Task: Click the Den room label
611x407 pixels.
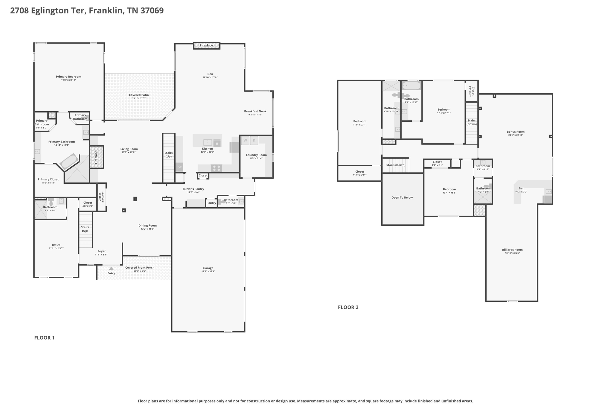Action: pyautogui.click(x=210, y=74)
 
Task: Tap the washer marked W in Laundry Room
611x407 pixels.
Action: pyautogui.click(x=245, y=140)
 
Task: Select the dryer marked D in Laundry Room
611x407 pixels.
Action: pyautogui.click(x=254, y=140)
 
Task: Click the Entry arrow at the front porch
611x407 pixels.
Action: pyautogui.click(x=111, y=268)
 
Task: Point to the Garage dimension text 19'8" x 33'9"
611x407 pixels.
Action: pyautogui.click(x=208, y=271)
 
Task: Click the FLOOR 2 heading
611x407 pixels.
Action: pyautogui.click(x=348, y=307)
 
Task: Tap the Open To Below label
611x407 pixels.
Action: pyautogui.click(x=402, y=197)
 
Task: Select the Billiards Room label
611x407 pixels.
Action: pyautogui.click(x=512, y=250)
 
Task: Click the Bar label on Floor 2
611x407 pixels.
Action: pyautogui.click(x=521, y=188)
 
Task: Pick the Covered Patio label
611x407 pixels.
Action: pyautogui.click(x=139, y=95)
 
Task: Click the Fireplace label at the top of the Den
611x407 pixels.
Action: pyautogui.click(x=206, y=46)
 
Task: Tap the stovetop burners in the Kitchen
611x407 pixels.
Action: pyautogui.click(x=217, y=168)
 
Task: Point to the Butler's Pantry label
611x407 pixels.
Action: pyautogui.click(x=193, y=189)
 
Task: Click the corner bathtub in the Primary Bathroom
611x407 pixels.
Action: pyautogui.click(x=69, y=162)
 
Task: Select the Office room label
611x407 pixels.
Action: pyautogui.click(x=56, y=245)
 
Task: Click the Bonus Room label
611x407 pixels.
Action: pyautogui.click(x=516, y=131)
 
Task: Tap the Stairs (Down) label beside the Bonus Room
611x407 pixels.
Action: pyautogui.click(x=472, y=122)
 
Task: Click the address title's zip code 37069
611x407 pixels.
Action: pyautogui.click(x=152, y=10)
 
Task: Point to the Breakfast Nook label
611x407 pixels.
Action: pyautogui.click(x=255, y=111)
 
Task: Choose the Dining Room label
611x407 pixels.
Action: pyautogui.click(x=147, y=225)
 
